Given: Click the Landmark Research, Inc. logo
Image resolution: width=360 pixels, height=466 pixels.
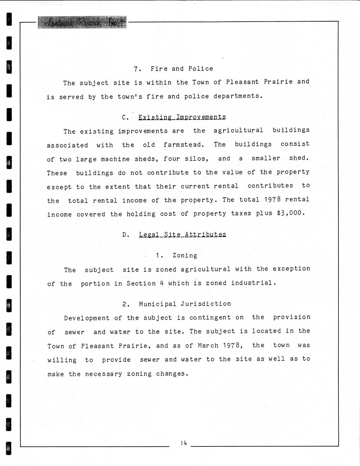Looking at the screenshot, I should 82,22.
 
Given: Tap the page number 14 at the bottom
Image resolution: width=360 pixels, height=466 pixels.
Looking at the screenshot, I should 183,443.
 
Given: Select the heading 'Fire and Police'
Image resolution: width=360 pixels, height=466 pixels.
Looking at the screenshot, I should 182,69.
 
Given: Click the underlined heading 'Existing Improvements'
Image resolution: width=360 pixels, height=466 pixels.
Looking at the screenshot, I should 182,117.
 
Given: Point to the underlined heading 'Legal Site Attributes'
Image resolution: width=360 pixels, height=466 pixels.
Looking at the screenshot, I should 182,234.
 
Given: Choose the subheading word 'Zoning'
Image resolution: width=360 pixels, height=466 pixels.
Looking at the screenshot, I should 185,256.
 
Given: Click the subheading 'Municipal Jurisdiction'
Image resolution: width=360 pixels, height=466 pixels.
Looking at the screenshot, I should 185,304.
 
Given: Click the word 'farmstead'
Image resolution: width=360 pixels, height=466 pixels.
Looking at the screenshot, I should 184,145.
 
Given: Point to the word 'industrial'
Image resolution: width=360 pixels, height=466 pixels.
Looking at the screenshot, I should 253,283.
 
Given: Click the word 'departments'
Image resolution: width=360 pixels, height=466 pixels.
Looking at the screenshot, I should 238,96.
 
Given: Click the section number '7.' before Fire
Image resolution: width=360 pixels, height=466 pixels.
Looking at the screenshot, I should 137,69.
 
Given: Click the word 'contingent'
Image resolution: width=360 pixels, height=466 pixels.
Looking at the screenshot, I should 210,318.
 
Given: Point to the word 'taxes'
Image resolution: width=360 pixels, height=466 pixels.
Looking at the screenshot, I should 241,213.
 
